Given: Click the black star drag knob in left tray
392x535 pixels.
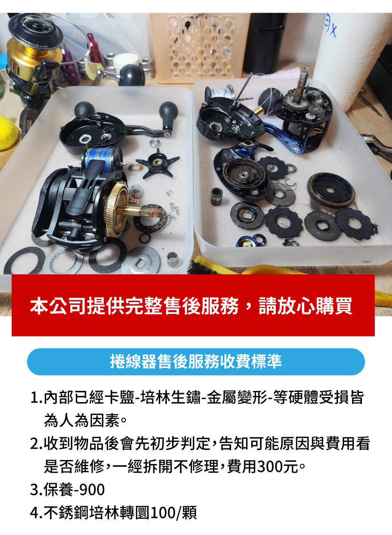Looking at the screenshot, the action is tap(157, 163).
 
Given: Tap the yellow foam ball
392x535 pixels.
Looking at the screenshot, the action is tap(8, 133).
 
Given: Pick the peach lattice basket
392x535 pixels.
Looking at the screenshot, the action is tap(199, 47).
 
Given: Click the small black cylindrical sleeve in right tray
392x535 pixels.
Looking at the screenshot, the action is tap(216, 197).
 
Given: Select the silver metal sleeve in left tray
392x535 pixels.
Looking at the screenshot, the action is tap(172, 259).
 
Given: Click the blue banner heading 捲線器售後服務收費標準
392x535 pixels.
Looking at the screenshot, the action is tap(196, 361).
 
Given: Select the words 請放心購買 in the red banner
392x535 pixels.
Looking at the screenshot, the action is tap(305, 306).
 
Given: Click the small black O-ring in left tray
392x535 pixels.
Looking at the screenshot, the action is tap(145, 238).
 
